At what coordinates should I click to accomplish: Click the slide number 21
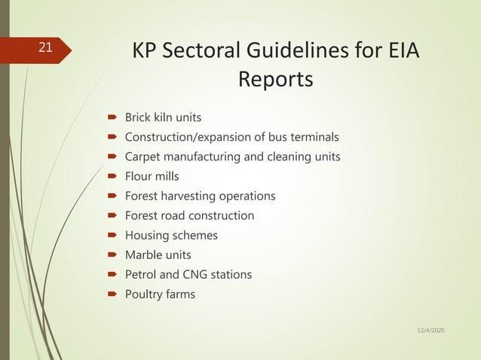pyautogui.click(x=45, y=47)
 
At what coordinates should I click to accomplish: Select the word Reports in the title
pyautogui.click(x=275, y=79)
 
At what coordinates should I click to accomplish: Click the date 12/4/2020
pyautogui.click(x=430, y=331)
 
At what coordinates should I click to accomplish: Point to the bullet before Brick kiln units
pyautogui.click(x=110, y=117)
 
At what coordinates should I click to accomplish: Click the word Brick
pyautogui.click(x=138, y=117)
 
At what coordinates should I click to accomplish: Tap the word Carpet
pyautogui.click(x=142, y=157)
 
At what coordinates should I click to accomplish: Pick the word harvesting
pyautogui.click(x=188, y=196)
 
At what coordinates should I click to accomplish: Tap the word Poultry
pyautogui.click(x=143, y=294)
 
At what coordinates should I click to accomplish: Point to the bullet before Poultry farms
pyautogui.click(x=110, y=294)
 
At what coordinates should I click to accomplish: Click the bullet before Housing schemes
pyautogui.click(x=110, y=235)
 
